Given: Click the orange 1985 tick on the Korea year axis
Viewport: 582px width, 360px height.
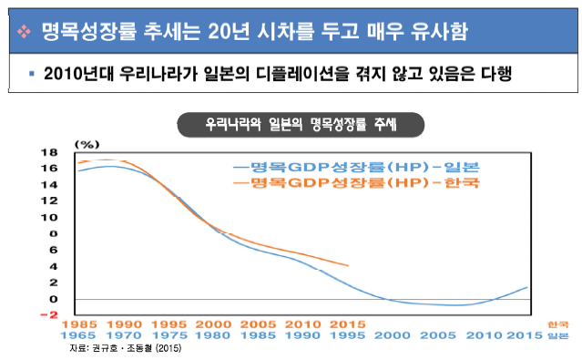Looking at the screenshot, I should click(x=79, y=324).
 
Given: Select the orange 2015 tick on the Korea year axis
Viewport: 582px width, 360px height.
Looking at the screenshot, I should click(x=348, y=324).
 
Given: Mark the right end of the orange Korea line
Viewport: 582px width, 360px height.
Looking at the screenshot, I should click(x=348, y=266).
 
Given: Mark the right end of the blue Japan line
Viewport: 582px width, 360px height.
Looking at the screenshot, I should click(x=528, y=287).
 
